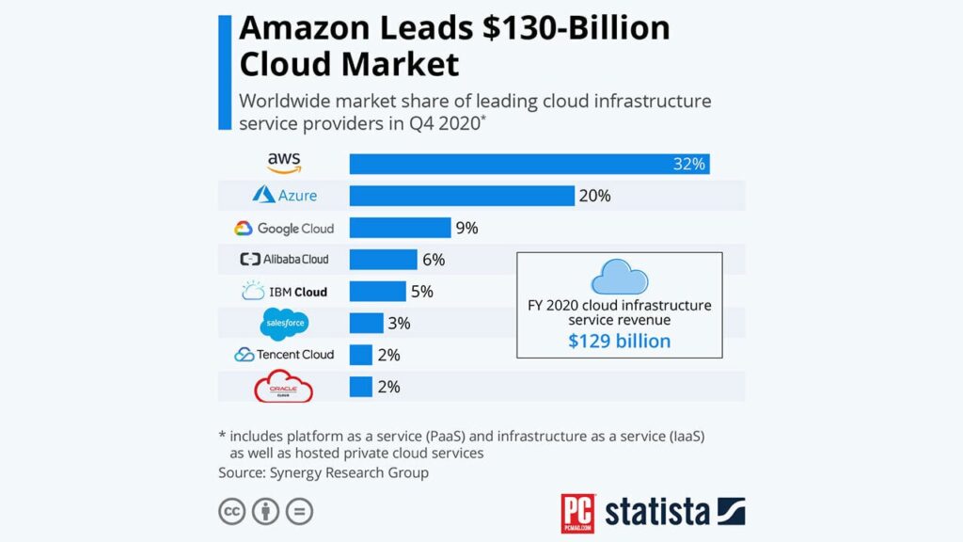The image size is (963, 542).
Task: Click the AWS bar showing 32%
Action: click(529, 164)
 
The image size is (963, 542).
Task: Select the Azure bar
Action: click(462, 196)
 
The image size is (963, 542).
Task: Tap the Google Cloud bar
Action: click(400, 228)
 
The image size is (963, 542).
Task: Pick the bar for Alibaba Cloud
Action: click(383, 260)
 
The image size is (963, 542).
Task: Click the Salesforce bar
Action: click(366, 324)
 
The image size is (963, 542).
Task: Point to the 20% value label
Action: click(594, 196)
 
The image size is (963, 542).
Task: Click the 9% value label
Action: click(467, 228)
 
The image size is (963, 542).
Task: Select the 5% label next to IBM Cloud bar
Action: click(421, 292)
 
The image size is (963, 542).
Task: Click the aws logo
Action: click(284, 163)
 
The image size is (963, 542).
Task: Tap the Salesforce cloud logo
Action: click(284, 324)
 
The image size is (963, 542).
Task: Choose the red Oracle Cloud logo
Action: click(284, 387)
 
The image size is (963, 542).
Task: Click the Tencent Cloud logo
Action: click(284, 355)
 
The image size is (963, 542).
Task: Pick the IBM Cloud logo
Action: click(284, 292)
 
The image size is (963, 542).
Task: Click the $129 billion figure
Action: click(619, 341)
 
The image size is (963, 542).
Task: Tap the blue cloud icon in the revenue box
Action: click(619, 278)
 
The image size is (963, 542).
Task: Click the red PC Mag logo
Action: click(577, 513)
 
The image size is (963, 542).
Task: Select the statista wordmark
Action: click(656, 512)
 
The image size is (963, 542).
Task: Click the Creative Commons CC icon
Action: click(232, 512)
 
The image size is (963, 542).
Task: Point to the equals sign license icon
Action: click(299, 512)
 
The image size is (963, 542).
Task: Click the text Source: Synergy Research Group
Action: click(324, 472)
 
